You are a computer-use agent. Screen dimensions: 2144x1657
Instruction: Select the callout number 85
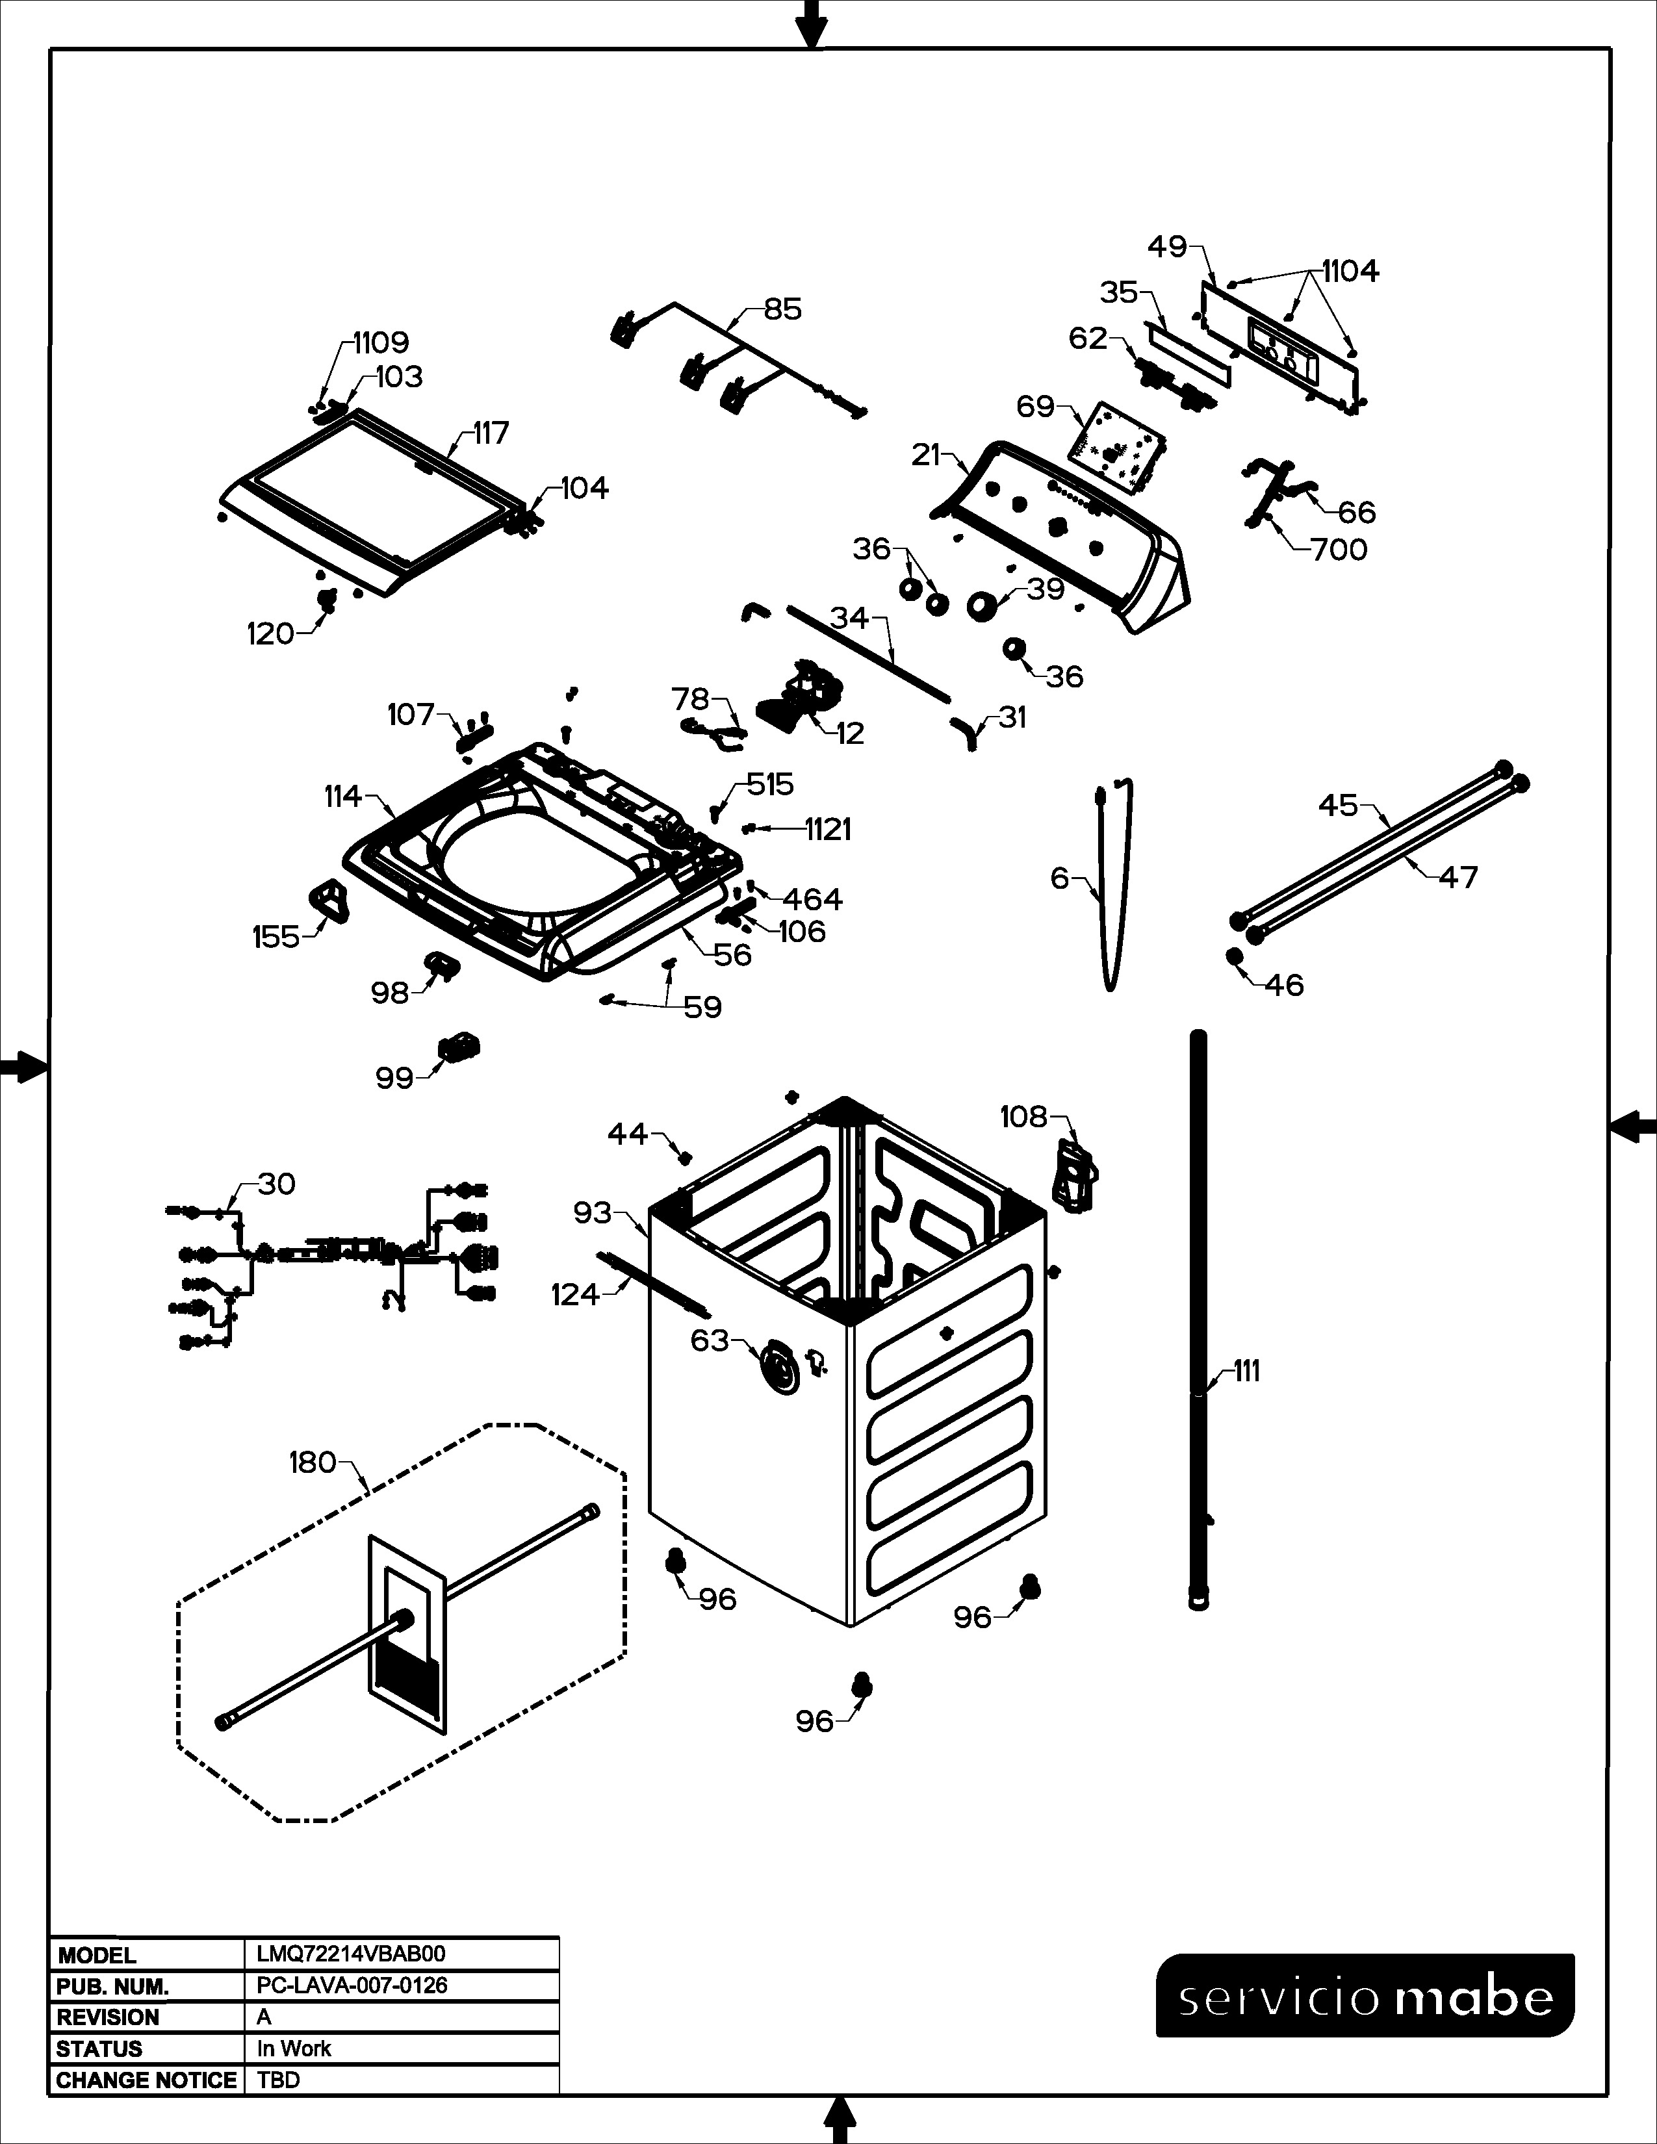[782, 309]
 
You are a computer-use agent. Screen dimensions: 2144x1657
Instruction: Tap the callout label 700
[1339, 550]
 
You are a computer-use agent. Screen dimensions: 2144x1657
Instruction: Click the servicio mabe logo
[1365, 1996]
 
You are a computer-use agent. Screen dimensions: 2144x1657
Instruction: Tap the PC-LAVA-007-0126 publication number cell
[352, 1985]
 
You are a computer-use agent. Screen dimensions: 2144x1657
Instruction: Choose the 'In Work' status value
[294, 2048]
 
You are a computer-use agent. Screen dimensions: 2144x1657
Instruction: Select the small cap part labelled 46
[1235, 956]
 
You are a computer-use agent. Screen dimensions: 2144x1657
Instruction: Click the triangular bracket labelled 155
[330, 900]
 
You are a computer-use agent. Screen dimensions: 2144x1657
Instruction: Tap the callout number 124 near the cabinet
[575, 1295]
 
